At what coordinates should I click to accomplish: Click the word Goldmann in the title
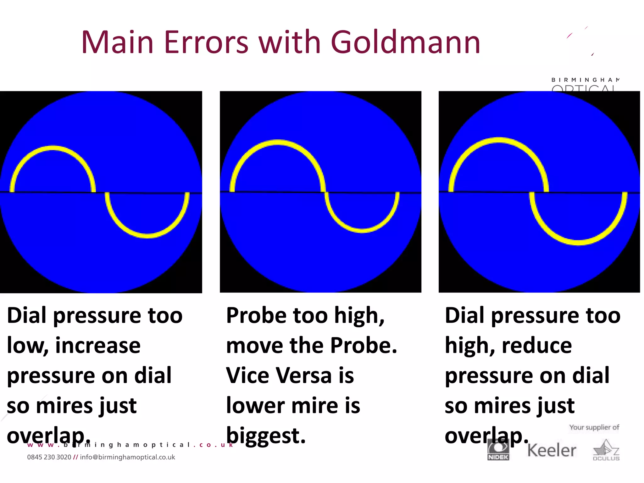point(405,42)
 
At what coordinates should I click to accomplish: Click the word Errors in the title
point(206,42)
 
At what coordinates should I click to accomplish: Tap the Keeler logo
point(552,450)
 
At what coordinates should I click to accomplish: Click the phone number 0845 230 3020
point(49,457)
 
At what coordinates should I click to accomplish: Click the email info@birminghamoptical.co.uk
point(127,457)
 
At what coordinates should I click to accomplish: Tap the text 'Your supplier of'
point(594,427)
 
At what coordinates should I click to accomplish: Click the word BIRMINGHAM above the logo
point(585,80)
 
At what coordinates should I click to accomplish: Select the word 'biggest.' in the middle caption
point(266,436)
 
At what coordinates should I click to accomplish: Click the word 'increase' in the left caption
point(98,345)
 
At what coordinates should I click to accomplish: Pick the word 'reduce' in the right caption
point(537,345)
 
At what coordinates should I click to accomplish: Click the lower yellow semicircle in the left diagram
point(147,236)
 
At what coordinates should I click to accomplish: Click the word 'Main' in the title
point(117,42)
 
